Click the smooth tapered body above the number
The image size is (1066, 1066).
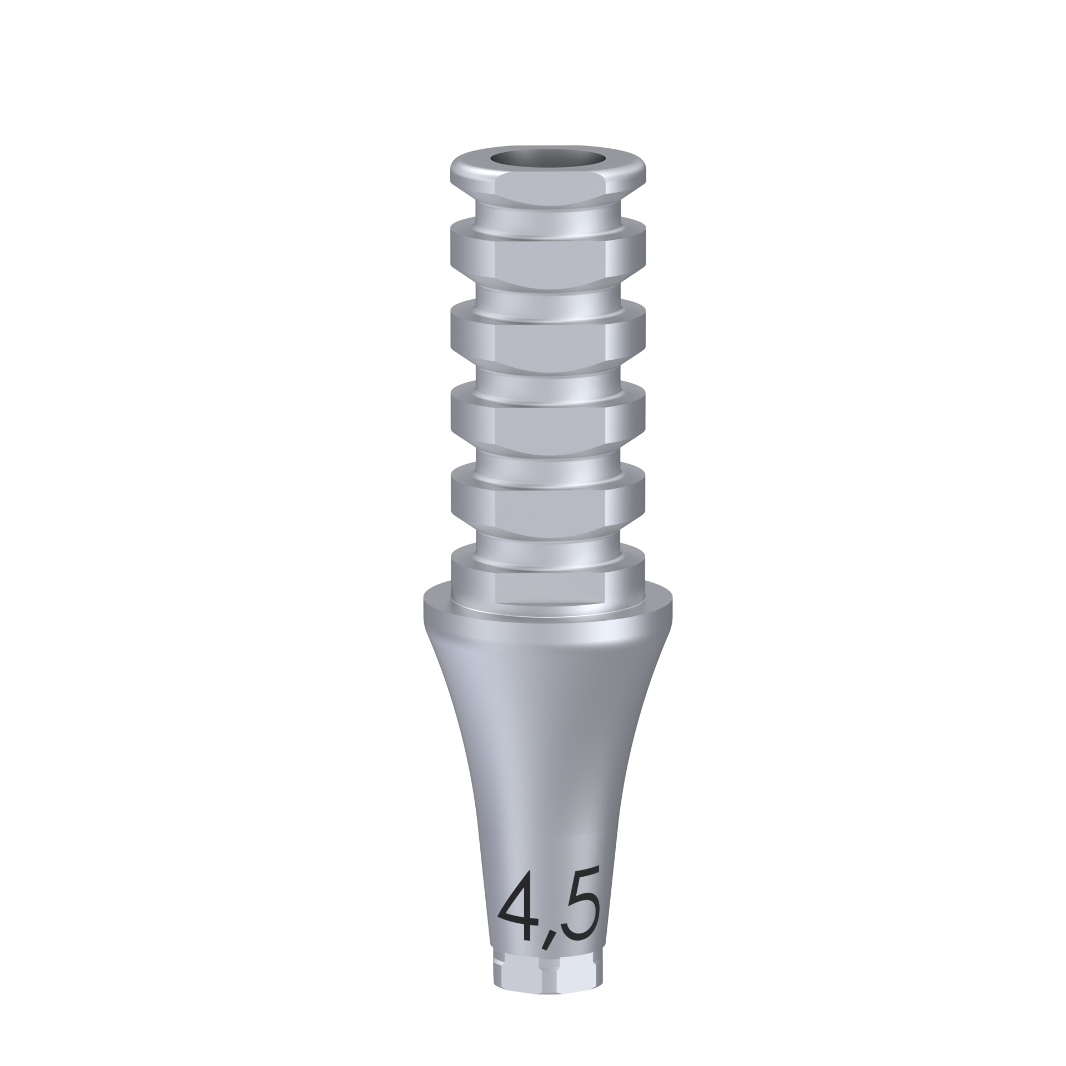[547, 755]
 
